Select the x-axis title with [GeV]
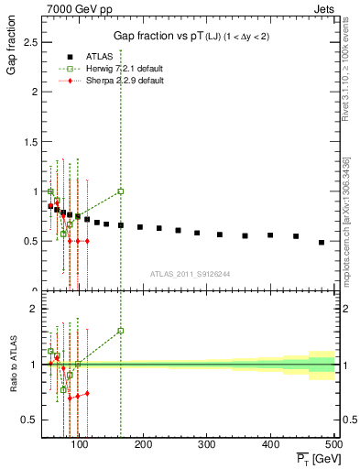[x=313, y=458]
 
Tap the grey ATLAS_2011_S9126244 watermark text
[x=191, y=273]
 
